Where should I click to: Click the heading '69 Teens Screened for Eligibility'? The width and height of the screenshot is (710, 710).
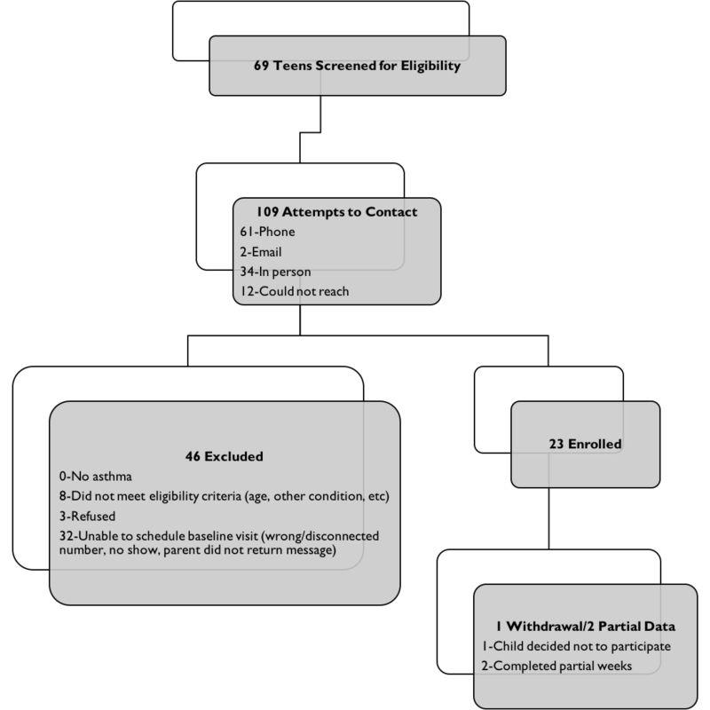pyautogui.click(x=357, y=66)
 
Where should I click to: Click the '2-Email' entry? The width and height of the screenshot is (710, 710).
pyautogui.click(x=260, y=252)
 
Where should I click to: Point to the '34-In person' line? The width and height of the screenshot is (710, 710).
pyautogui.click(x=275, y=271)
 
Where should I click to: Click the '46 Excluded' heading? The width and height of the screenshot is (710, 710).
pyautogui.click(x=224, y=457)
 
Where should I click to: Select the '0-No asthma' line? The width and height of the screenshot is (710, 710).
pyautogui.click(x=99, y=477)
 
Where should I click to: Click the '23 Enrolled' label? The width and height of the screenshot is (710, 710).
pyautogui.click(x=585, y=443)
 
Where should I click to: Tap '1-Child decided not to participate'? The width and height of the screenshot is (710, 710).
pyautogui.click(x=576, y=646)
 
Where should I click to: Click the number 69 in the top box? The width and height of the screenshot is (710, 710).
pyautogui.click(x=262, y=66)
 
